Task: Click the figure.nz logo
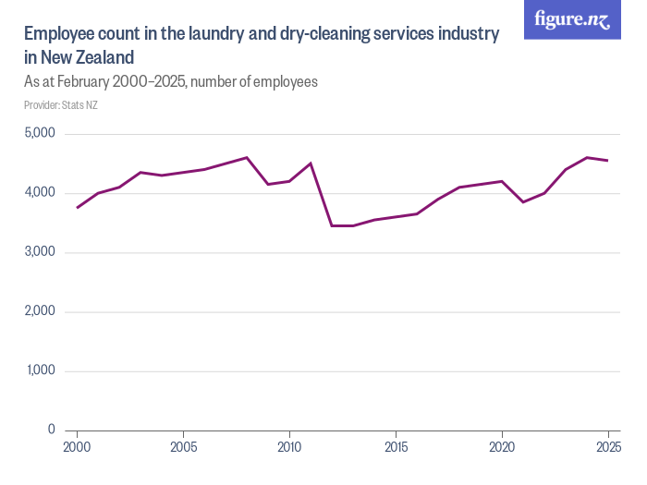point(572,19)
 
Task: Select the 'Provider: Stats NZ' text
point(60,105)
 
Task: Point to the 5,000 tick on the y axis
point(39,134)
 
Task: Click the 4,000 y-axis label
point(39,193)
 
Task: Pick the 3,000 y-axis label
point(39,252)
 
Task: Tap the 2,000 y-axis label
point(39,311)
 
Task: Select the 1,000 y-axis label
point(39,370)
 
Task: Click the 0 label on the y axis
point(52,430)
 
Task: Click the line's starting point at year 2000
point(77,208)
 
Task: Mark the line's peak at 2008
point(247,158)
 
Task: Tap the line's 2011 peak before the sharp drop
point(311,164)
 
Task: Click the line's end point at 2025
point(608,161)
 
